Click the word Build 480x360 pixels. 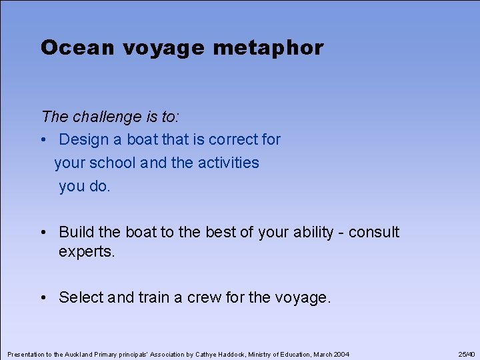(77, 232)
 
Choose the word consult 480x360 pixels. (374, 232)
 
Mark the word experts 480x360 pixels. (87, 253)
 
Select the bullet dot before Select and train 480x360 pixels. (44, 298)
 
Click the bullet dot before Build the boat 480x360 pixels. (44, 233)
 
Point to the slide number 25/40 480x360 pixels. (467, 354)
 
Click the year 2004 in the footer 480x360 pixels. (340, 354)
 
